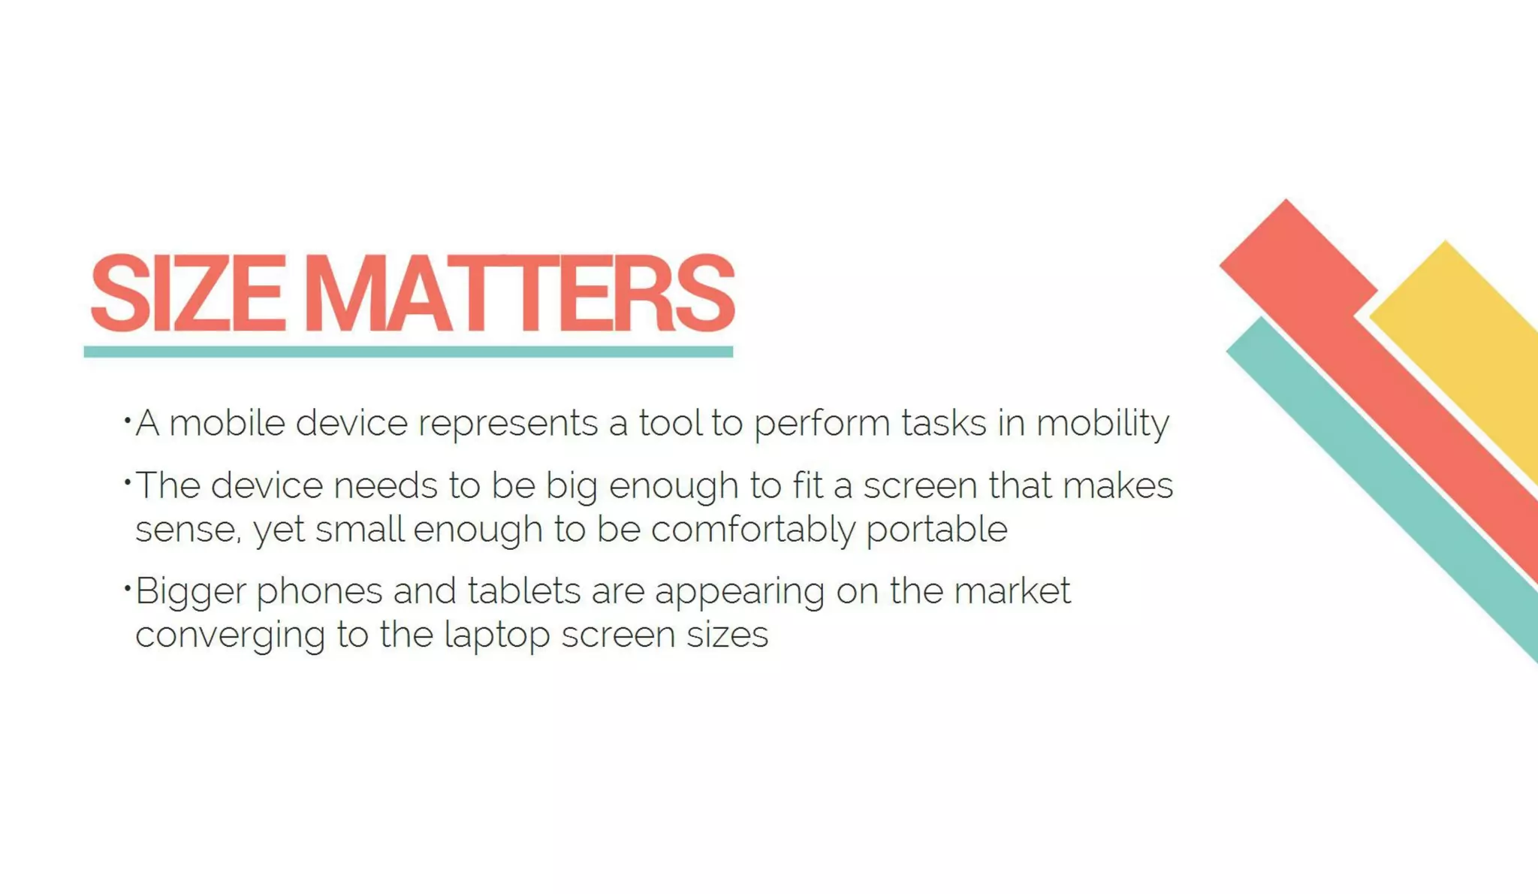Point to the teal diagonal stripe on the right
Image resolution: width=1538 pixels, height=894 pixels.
click(x=1389, y=496)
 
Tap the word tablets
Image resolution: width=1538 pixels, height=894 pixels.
click(x=524, y=590)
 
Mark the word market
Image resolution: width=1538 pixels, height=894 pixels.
click(x=1012, y=590)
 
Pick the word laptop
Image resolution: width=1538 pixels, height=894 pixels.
click(x=497, y=636)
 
